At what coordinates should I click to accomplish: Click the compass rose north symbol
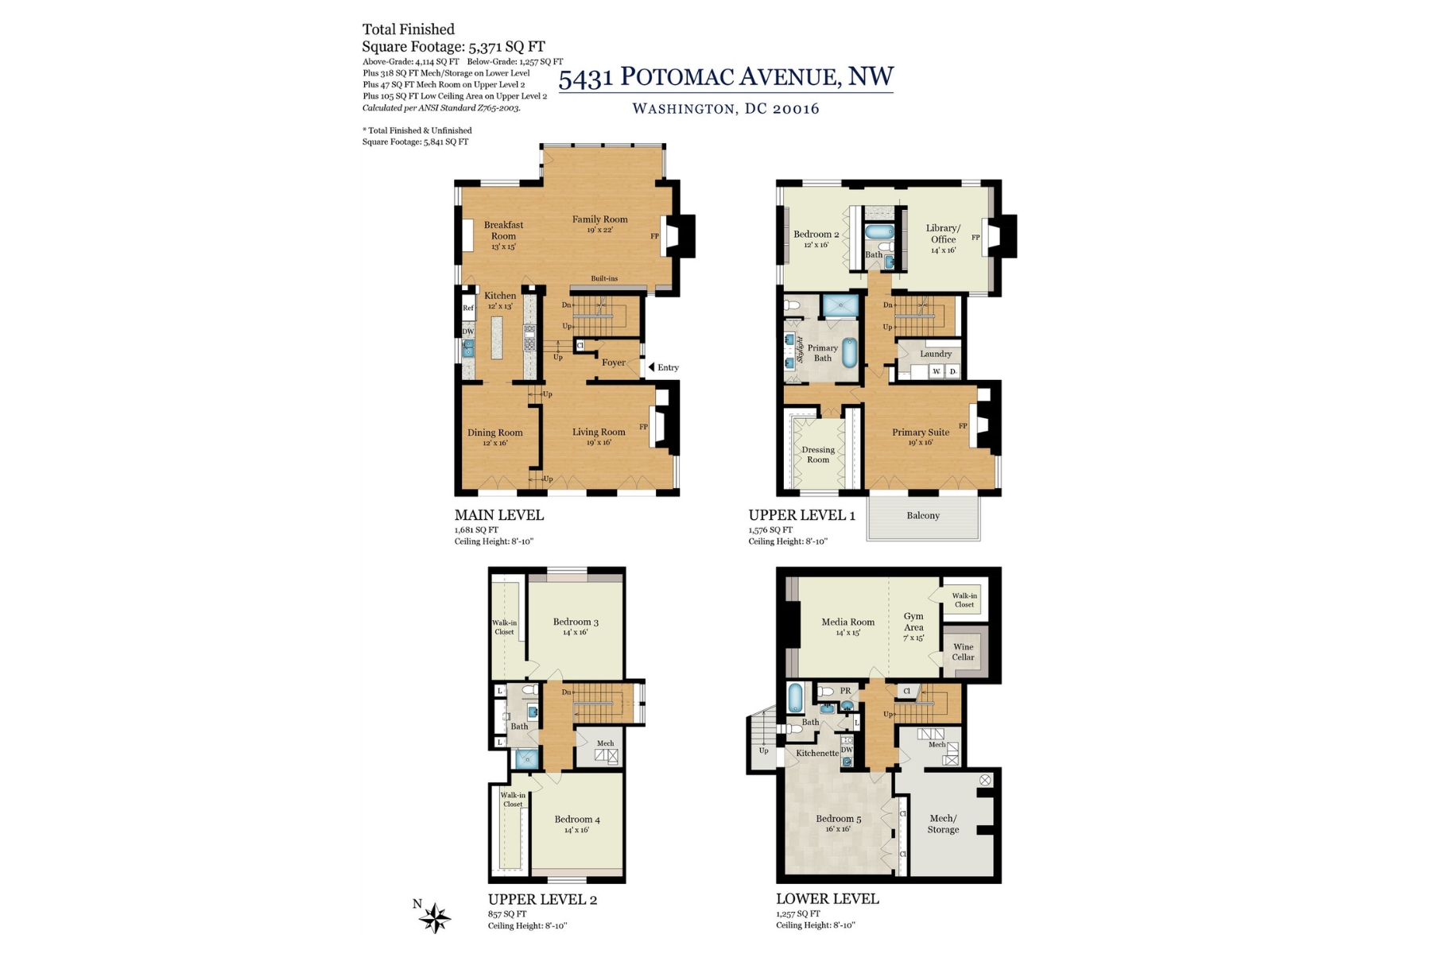434,918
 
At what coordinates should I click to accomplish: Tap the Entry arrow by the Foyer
652,367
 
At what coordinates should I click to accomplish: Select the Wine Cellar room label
963,652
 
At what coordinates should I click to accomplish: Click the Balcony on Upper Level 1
923,516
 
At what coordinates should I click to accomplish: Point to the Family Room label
599,219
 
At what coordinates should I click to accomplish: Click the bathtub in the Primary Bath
849,352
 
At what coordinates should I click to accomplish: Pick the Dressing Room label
818,454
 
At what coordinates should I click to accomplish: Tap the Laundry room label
936,354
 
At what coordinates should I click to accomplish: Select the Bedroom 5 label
838,819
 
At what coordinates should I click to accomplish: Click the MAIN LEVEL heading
499,515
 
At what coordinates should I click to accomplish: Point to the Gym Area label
913,622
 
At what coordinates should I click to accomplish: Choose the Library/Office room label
943,234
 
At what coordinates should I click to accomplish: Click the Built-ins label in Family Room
604,278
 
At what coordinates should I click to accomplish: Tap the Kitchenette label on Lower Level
817,753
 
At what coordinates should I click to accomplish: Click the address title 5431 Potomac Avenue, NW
726,77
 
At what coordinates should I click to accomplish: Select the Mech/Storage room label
943,824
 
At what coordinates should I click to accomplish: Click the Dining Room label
494,433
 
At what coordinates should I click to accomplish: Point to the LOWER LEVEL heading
828,899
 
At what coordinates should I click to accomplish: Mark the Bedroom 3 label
576,622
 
